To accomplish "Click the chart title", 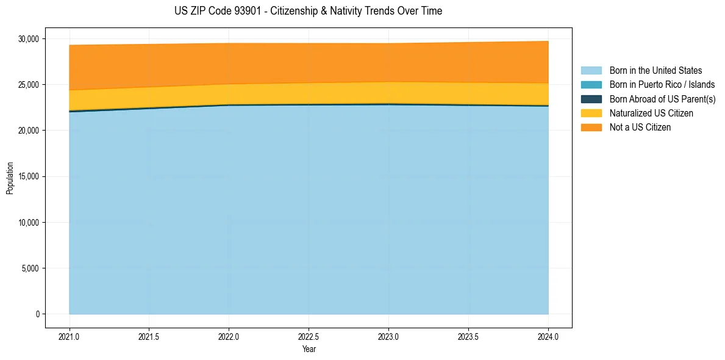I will coord(308,11).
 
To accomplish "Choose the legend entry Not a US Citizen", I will coord(640,128).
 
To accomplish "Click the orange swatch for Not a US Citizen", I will coord(591,128).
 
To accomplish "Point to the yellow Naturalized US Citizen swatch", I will coord(591,113).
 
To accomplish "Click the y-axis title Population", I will coord(10,178).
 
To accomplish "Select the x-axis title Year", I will coord(309,349).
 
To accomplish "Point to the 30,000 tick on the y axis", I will coord(29,39).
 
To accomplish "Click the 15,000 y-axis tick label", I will coord(29,176).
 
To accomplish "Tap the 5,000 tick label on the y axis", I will coord(30,268).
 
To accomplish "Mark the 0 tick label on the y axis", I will coord(37,314).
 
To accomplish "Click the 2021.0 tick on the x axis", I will coord(70,336).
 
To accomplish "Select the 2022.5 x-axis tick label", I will coord(309,336).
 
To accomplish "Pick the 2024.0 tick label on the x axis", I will coord(549,336).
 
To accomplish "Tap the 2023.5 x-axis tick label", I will coord(468,336).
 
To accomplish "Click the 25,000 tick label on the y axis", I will coord(29,85).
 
